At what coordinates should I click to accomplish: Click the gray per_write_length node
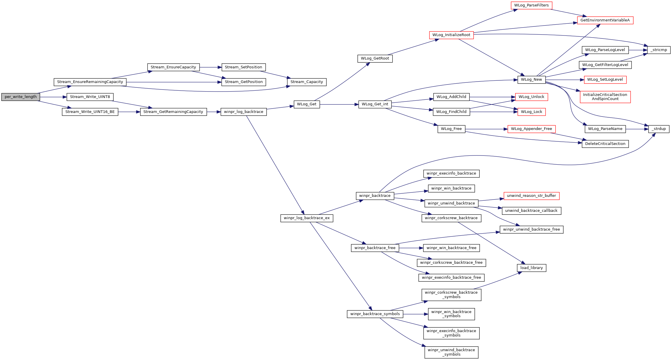(21, 97)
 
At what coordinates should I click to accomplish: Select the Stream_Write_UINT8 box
(90, 97)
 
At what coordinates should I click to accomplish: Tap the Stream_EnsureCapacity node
(173, 67)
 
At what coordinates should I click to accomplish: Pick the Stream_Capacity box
(307, 82)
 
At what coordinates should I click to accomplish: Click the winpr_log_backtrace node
(244, 112)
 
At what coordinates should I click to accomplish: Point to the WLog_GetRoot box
(375, 58)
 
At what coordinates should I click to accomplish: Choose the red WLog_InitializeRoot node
(451, 35)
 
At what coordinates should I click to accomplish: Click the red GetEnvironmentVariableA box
(605, 20)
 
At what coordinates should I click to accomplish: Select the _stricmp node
(659, 50)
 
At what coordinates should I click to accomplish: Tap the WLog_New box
(531, 80)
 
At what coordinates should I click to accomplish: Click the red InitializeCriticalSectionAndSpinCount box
(605, 97)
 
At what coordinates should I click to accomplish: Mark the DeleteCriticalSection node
(605, 144)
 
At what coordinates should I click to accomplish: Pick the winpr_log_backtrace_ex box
(307, 218)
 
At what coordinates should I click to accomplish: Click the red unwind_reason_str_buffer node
(531, 196)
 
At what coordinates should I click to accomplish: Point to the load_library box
(531, 268)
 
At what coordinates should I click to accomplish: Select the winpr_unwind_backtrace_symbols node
(451, 352)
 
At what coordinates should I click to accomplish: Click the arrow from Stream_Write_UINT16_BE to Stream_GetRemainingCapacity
(129, 112)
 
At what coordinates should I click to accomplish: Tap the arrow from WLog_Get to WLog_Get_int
(339, 104)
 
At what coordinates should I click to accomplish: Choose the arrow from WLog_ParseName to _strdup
(637, 129)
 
